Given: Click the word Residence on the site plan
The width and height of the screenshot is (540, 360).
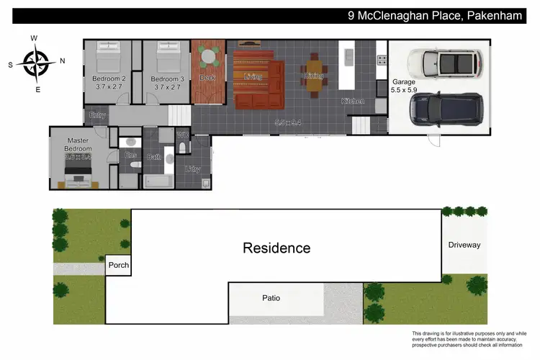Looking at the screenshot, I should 276,248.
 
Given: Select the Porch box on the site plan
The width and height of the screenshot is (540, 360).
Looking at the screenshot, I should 118,265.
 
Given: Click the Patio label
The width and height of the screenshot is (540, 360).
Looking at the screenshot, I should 271,297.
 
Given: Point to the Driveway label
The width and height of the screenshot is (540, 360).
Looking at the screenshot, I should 464,245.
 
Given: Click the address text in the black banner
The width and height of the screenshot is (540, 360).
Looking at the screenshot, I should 439,16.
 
